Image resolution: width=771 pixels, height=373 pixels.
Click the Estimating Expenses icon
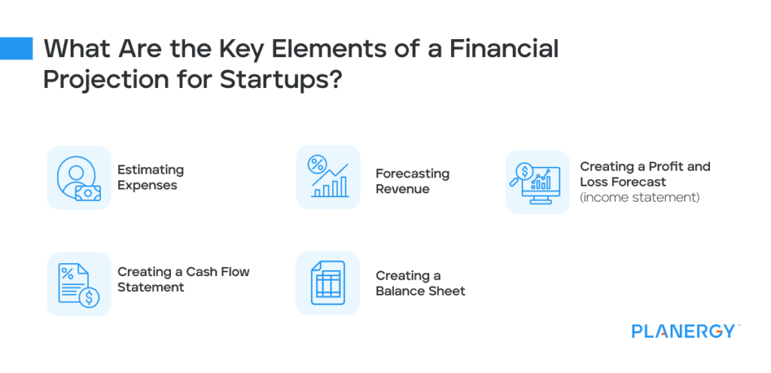(x=78, y=177)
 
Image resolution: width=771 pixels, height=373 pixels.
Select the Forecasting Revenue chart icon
(x=328, y=177)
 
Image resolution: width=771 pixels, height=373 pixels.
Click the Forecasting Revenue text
(x=412, y=181)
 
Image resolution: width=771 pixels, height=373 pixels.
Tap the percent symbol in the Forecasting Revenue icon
(x=317, y=165)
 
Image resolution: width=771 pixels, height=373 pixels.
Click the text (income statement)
(x=640, y=198)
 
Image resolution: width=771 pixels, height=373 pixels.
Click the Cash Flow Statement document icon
(x=78, y=284)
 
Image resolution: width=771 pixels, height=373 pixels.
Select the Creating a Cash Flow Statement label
(x=183, y=279)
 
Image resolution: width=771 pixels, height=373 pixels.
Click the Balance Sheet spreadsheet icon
(x=328, y=283)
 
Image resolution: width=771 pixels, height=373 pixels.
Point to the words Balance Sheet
(x=420, y=291)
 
